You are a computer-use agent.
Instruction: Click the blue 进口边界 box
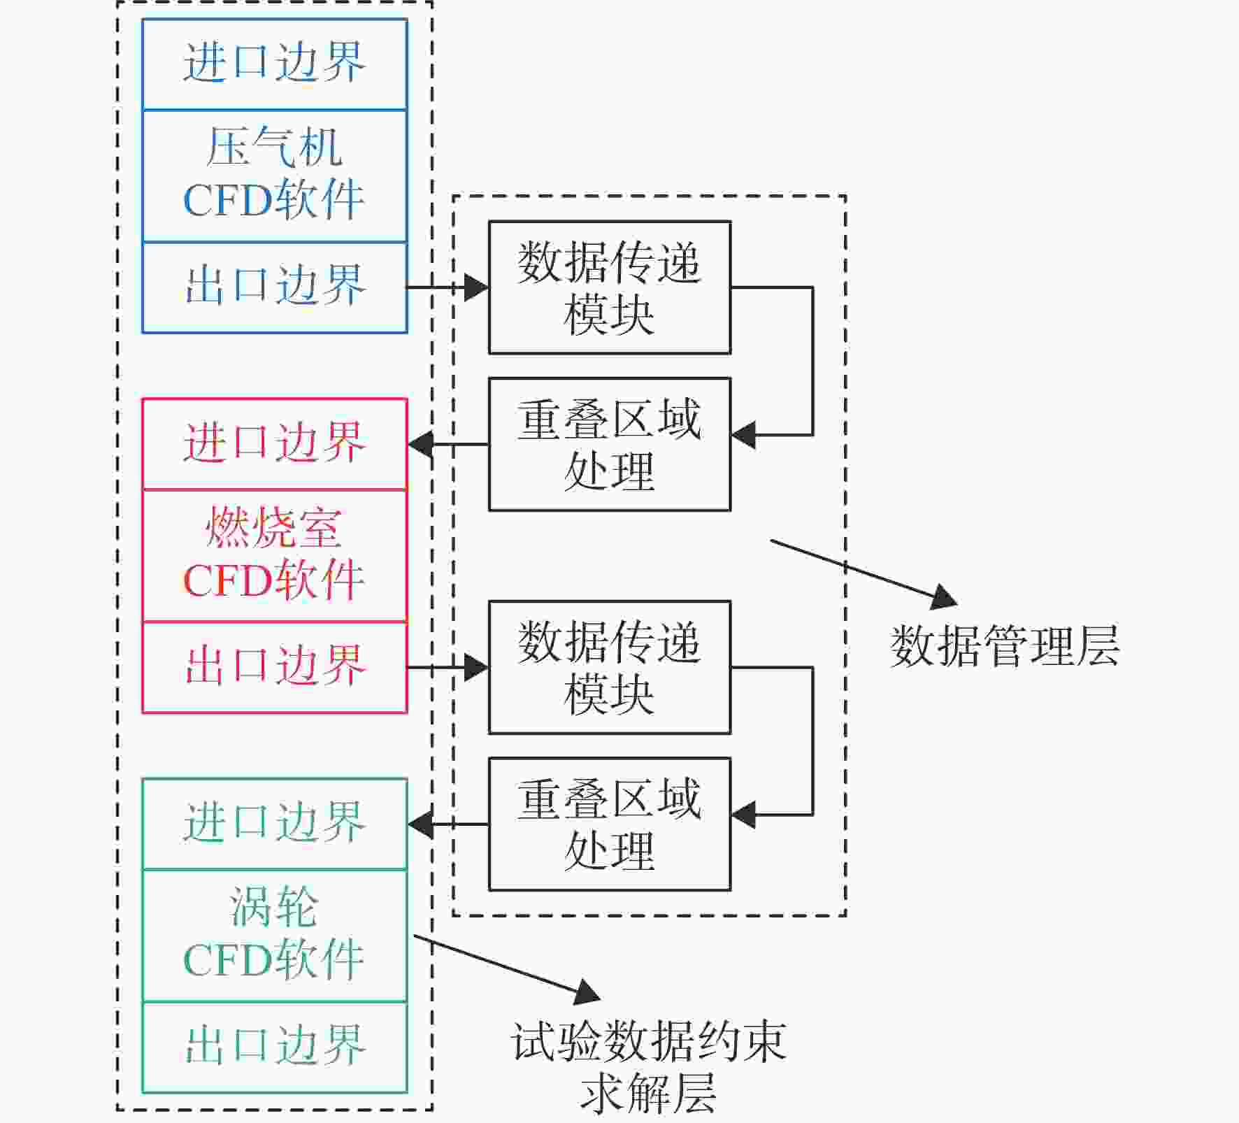(x=275, y=64)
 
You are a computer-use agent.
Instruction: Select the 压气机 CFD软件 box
(x=275, y=176)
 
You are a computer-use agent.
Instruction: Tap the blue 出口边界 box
(x=275, y=287)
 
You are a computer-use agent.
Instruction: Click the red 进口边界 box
(x=275, y=444)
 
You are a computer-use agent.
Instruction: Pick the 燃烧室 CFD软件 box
(x=275, y=556)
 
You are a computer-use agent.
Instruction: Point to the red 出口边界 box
(x=275, y=668)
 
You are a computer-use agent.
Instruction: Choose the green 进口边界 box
(x=275, y=824)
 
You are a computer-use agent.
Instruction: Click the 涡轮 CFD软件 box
(x=275, y=936)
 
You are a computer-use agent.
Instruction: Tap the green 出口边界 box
(x=275, y=1047)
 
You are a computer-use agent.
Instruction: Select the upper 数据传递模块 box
(x=610, y=287)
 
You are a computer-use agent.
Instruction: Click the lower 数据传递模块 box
(x=610, y=667)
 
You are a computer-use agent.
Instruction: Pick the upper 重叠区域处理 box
(x=610, y=444)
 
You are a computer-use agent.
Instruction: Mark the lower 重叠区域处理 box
(x=610, y=824)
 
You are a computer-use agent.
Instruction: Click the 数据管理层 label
(x=1005, y=645)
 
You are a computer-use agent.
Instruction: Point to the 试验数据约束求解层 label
(x=649, y=1067)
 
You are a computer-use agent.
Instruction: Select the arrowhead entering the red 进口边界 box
(x=420, y=444)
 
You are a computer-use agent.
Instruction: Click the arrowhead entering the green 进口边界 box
(x=420, y=824)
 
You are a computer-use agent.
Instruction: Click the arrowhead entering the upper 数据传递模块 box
(x=476, y=287)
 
